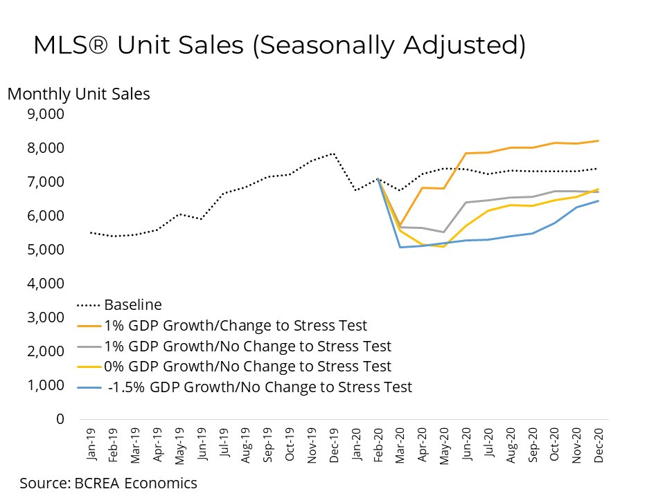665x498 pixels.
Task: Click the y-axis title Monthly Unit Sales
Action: pyautogui.click(x=78, y=94)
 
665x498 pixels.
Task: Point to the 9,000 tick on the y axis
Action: pyautogui.click(x=45, y=114)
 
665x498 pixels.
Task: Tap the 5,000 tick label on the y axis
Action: pyautogui.click(x=45, y=250)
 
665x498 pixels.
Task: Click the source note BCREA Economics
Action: pyautogui.click(x=109, y=483)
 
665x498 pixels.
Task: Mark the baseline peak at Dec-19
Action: pyautogui.click(x=334, y=154)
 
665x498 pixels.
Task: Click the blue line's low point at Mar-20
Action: pyautogui.click(x=400, y=247)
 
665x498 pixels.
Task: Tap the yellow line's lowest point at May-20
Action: pyautogui.click(x=444, y=246)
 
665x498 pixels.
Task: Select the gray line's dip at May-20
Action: pyautogui.click(x=444, y=232)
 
